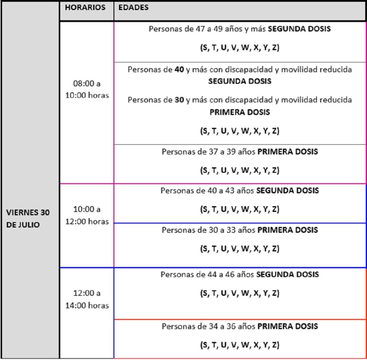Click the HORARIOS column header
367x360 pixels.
85,8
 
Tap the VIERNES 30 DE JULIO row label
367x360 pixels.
28,219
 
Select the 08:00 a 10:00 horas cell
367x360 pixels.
87,90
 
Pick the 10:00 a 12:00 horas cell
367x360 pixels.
87,215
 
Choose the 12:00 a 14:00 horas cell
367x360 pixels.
87,299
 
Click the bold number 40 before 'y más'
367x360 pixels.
179,70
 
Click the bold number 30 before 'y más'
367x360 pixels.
179,100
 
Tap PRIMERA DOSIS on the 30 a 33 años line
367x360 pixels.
287,230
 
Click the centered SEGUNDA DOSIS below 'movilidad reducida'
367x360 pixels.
239,81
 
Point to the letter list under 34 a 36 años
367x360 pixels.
239,345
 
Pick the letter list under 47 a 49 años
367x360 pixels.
239,48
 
